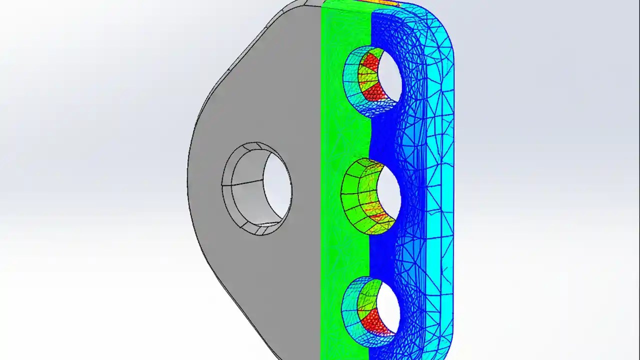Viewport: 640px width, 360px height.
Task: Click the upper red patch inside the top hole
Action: pyautogui.click(x=370, y=62)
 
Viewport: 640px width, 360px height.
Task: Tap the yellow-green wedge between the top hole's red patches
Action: pyautogui.click(x=367, y=77)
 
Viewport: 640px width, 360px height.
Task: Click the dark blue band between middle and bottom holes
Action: pyautogui.click(x=382, y=255)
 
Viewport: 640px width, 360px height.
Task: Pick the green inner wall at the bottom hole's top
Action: pyautogui.click(x=367, y=287)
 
